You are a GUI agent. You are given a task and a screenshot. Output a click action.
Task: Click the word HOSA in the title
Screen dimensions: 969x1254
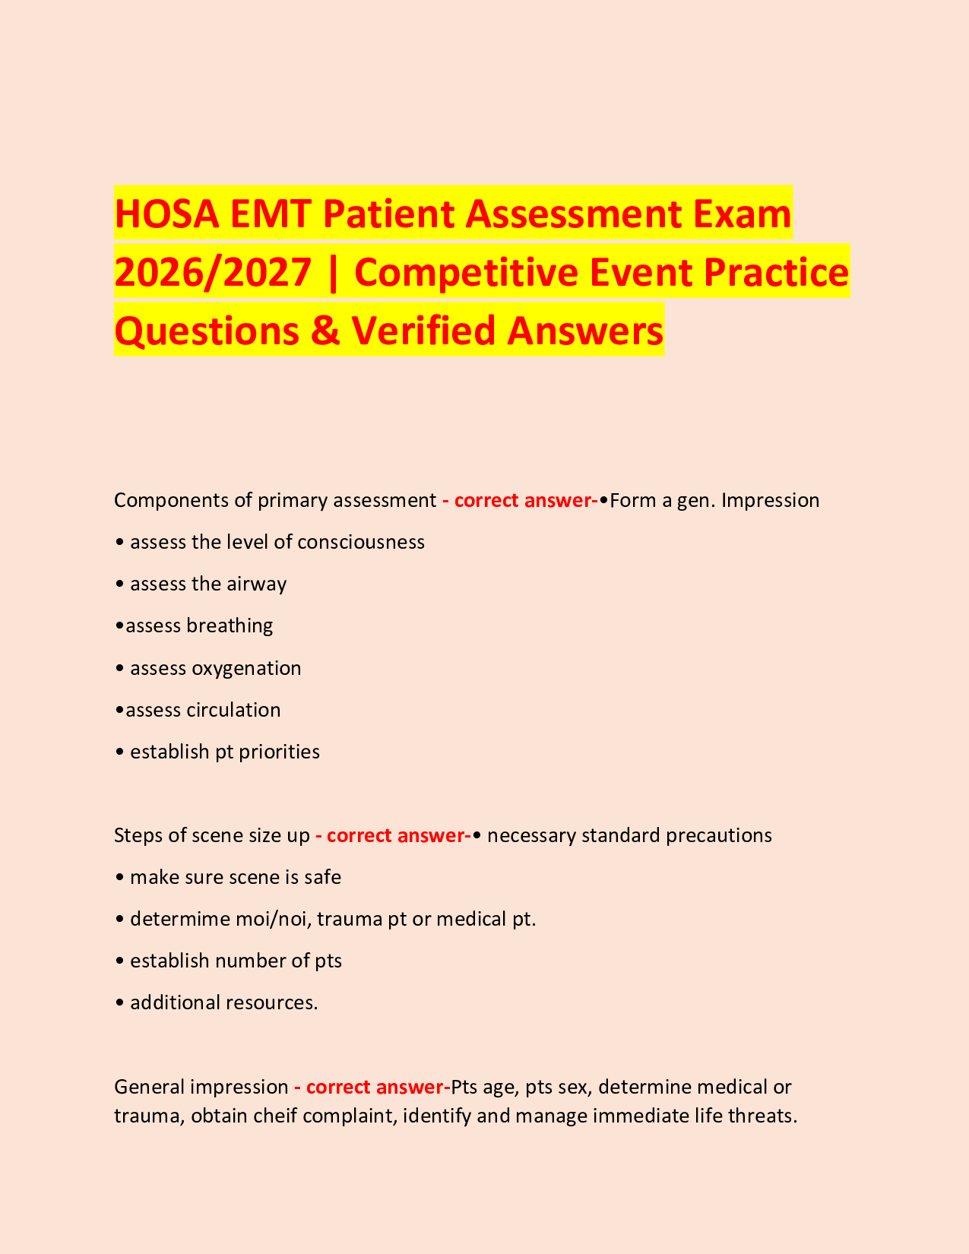[166, 214]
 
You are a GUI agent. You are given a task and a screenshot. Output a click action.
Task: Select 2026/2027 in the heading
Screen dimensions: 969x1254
[213, 272]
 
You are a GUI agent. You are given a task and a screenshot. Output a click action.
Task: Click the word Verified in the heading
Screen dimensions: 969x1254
[423, 331]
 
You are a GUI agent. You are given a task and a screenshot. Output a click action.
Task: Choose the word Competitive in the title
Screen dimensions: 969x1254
[466, 272]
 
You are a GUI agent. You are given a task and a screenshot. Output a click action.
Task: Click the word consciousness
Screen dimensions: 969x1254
[361, 542]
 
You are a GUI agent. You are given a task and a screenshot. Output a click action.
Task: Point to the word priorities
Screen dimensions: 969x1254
[280, 752]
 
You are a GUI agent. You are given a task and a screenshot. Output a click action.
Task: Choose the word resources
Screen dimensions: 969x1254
[272, 1003]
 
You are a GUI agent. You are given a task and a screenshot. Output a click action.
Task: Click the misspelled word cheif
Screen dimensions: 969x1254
[275, 1116]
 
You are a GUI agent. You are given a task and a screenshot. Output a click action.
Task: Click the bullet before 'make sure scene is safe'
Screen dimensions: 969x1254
[119, 878]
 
